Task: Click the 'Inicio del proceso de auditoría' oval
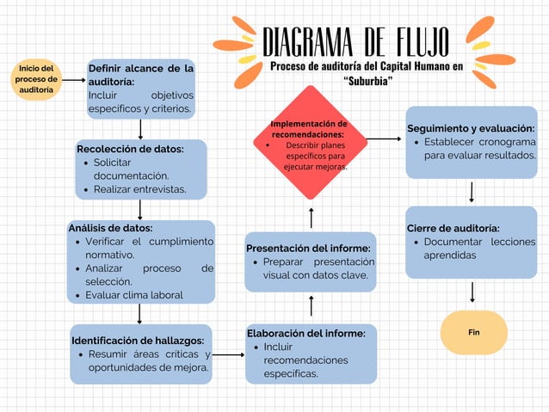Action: coord(35,79)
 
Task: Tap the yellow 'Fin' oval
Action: coord(473,332)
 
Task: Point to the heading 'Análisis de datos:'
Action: coord(110,228)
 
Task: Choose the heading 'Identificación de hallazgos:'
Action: coord(137,340)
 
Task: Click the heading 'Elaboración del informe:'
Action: coord(305,333)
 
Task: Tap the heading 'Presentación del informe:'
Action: coord(308,248)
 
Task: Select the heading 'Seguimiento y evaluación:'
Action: coord(471,128)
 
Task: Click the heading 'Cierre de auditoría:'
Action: coord(453,228)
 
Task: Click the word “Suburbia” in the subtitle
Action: coord(367,80)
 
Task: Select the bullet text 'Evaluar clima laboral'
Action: coord(134,295)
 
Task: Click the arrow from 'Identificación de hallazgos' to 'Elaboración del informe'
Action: coord(227,354)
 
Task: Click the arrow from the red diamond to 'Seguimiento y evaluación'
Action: coord(385,138)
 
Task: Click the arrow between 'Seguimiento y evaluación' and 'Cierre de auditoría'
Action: coord(472,192)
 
